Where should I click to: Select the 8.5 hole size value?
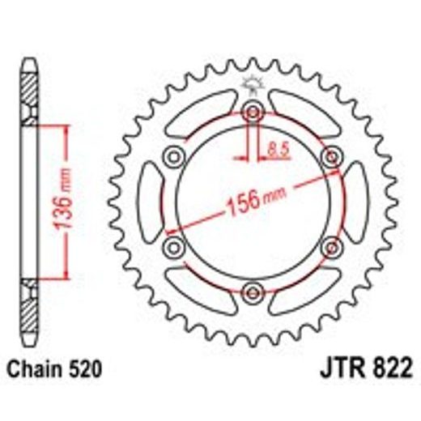pos(275,147)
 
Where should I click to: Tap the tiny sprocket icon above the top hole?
pos(253,85)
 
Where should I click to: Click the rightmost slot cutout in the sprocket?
pos(356,201)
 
